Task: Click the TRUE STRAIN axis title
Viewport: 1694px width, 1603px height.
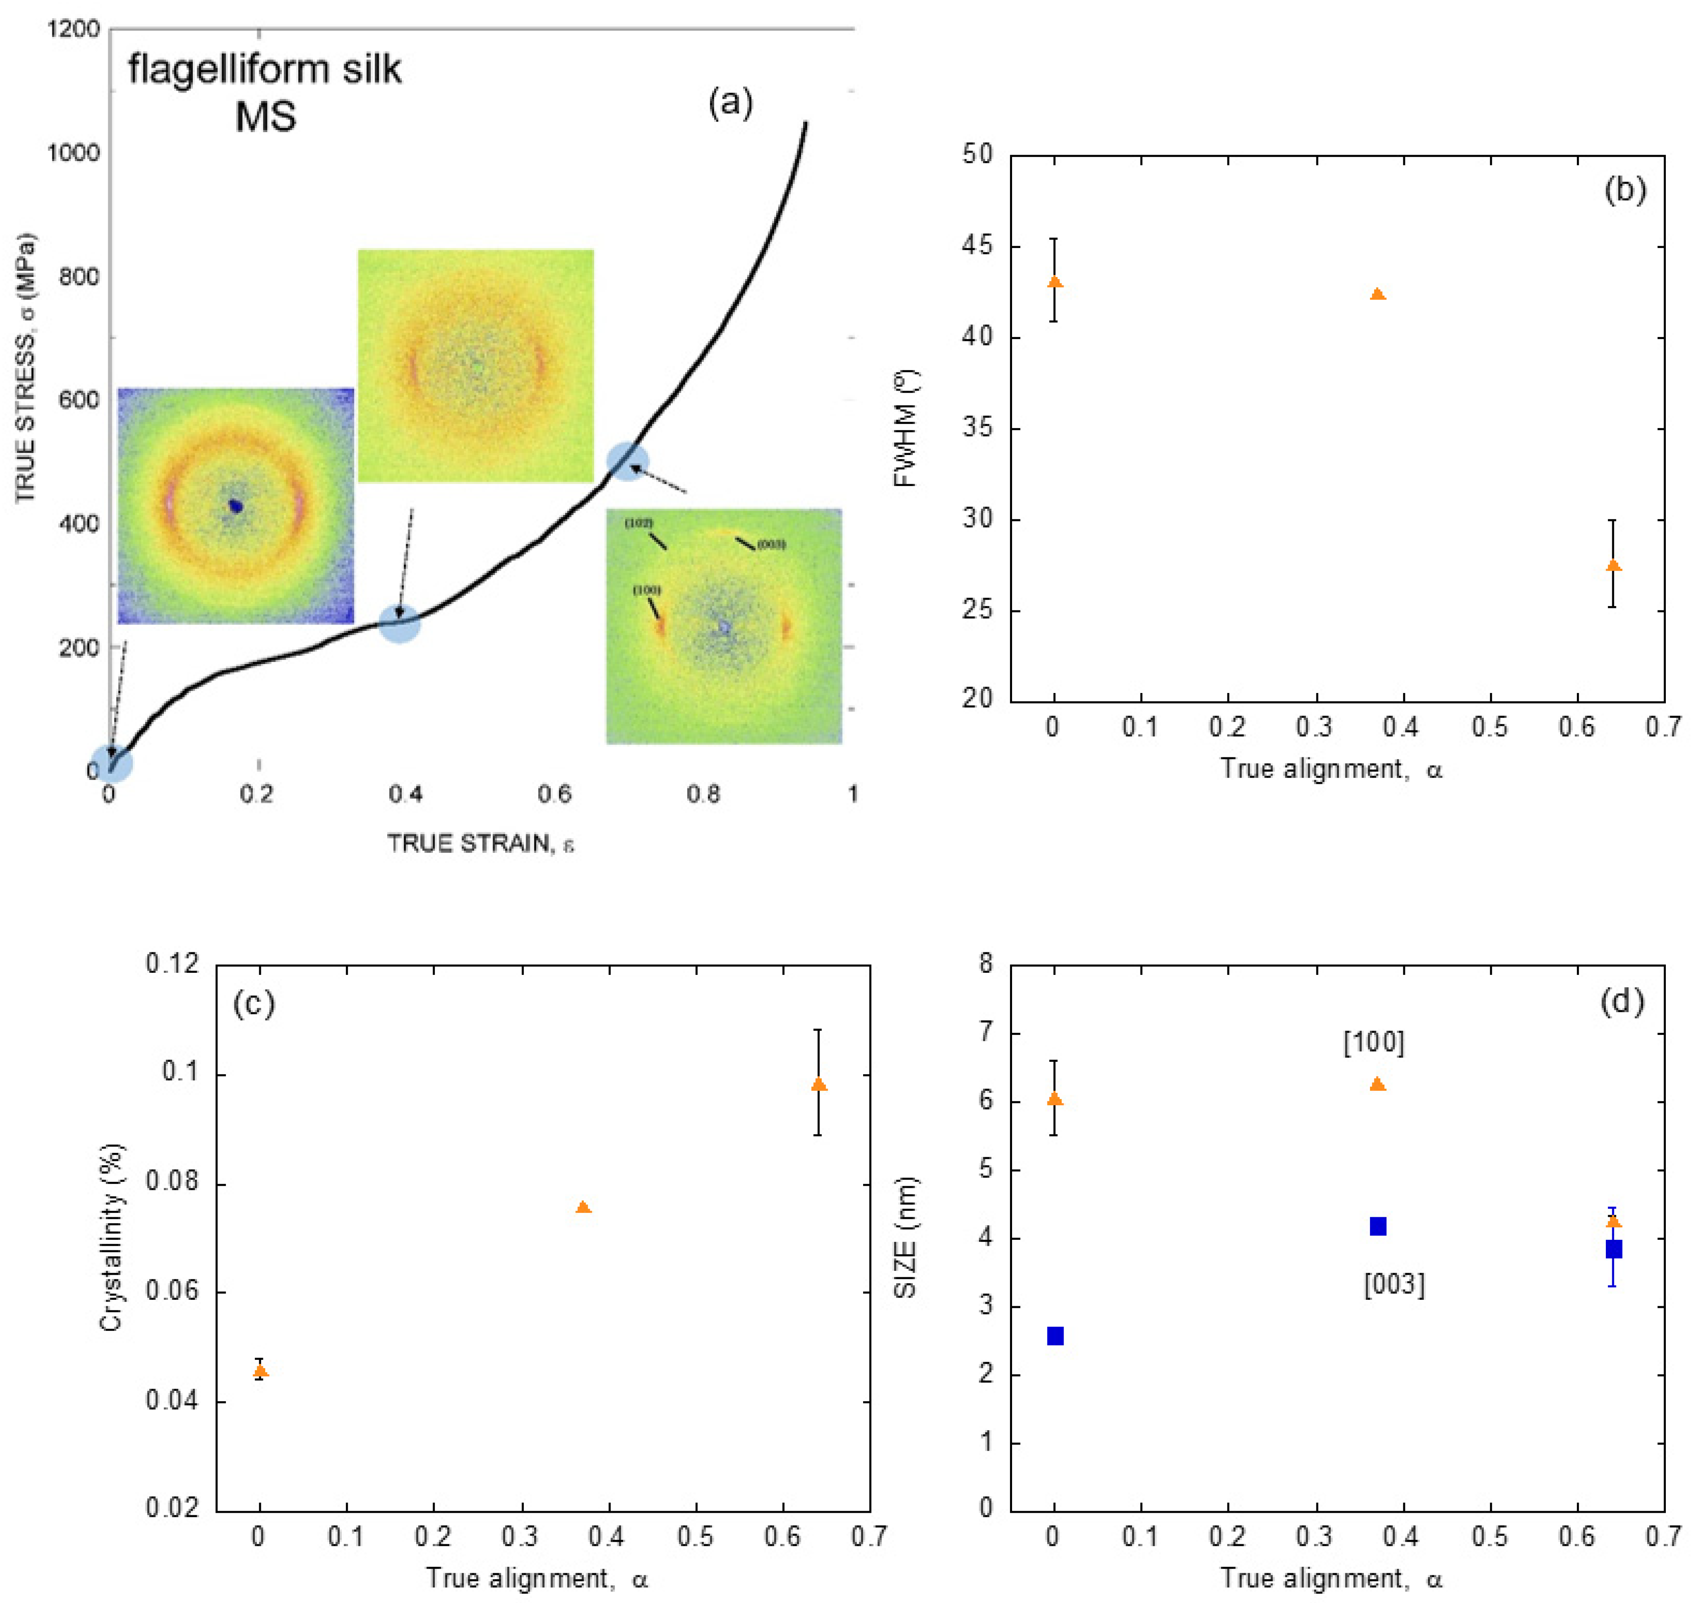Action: tap(480, 843)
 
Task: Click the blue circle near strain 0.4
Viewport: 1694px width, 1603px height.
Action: tap(399, 623)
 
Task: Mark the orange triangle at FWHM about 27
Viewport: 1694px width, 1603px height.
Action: tap(1613, 566)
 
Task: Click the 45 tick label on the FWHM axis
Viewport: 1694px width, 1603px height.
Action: tap(976, 246)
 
